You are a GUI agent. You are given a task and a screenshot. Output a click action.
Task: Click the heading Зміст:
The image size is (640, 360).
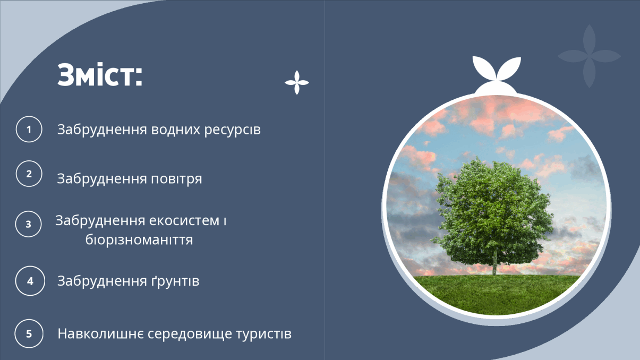click(x=100, y=75)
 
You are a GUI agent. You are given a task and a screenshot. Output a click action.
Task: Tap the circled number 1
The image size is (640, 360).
click(x=29, y=129)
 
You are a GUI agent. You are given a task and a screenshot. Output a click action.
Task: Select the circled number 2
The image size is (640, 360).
click(x=29, y=174)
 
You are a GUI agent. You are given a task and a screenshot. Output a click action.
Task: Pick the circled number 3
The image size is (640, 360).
click(x=28, y=224)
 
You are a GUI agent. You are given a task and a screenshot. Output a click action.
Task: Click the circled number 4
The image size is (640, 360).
click(x=30, y=281)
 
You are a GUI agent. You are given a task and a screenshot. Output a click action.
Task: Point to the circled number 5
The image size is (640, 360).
click(x=29, y=333)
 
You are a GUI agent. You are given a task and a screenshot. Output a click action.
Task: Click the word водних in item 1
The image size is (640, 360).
click(x=175, y=130)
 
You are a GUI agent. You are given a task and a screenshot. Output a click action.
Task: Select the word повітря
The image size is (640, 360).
click(x=176, y=179)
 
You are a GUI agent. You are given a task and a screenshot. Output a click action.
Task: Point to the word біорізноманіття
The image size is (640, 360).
click(x=139, y=239)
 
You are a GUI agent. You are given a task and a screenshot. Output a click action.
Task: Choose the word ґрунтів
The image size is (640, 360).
click(x=175, y=281)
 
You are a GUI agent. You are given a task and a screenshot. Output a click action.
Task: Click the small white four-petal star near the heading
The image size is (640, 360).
click(x=297, y=83)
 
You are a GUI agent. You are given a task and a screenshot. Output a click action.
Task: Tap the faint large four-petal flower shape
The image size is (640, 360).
click(x=589, y=56)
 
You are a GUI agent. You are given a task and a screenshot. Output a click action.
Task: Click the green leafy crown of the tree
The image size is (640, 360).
click(x=493, y=211)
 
